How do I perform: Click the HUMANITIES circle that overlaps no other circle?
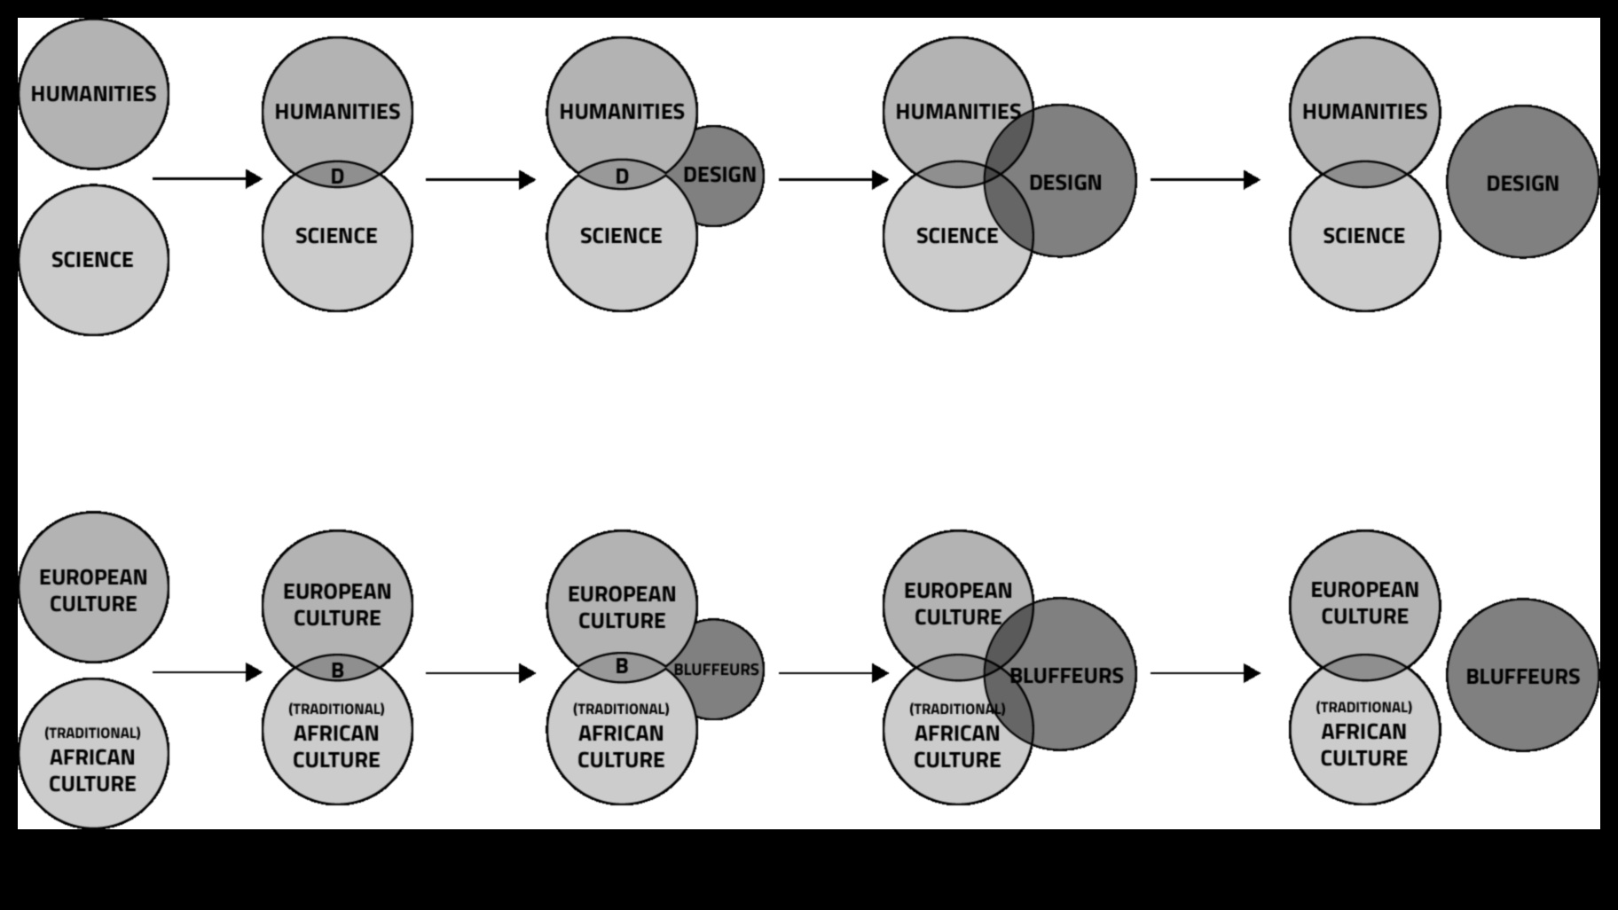pyautogui.click(x=93, y=93)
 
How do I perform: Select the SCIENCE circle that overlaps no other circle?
pyautogui.click(x=93, y=260)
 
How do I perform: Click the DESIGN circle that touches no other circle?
pyautogui.click(x=1522, y=183)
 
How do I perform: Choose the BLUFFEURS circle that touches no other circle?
pyautogui.click(x=1522, y=676)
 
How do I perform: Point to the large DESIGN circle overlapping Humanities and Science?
pyautogui.click(x=1064, y=183)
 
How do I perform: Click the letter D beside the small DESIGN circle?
pyautogui.click(x=622, y=177)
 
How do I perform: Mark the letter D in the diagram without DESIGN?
pyautogui.click(x=337, y=177)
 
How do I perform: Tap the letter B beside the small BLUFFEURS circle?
pyautogui.click(x=622, y=666)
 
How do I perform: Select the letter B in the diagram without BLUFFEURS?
pyautogui.click(x=337, y=671)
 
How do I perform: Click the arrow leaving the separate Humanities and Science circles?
pyautogui.click(x=208, y=179)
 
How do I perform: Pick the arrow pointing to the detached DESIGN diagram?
pyautogui.click(x=1205, y=180)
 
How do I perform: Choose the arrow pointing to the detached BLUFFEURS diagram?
pyautogui.click(x=1205, y=673)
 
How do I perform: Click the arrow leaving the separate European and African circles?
pyautogui.click(x=208, y=672)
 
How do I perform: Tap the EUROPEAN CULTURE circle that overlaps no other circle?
pyautogui.click(x=93, y=587)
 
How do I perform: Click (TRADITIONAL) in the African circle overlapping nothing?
pyautogui.click(x=93, y=733)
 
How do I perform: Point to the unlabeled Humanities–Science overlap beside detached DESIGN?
pyautogui.click(x=1364, y=175)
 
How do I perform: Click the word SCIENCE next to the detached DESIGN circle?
pyautogui.click(x=1364, y=236)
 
